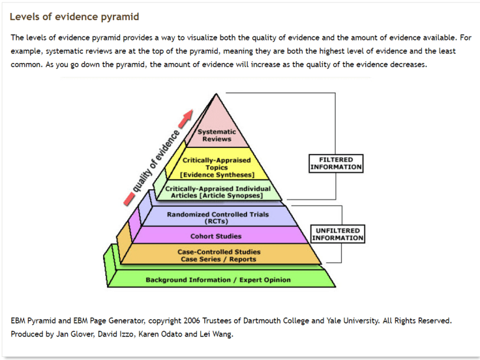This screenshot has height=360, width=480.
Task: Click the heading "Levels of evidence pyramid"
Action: (x=74, y=16)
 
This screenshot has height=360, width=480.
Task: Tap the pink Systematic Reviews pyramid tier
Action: (x=217, y=135)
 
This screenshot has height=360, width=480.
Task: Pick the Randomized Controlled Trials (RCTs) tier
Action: (x=218, y=217)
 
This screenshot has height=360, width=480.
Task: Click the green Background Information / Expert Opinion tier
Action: (x=218, y=280)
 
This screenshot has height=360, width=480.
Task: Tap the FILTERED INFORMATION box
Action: (x=336, y=163)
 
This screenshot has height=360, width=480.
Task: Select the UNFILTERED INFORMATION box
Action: (x=338, y=234)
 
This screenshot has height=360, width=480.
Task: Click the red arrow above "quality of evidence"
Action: (x=188, y=116)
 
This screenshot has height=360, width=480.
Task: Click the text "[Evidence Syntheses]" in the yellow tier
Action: (x=217, y=175)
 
